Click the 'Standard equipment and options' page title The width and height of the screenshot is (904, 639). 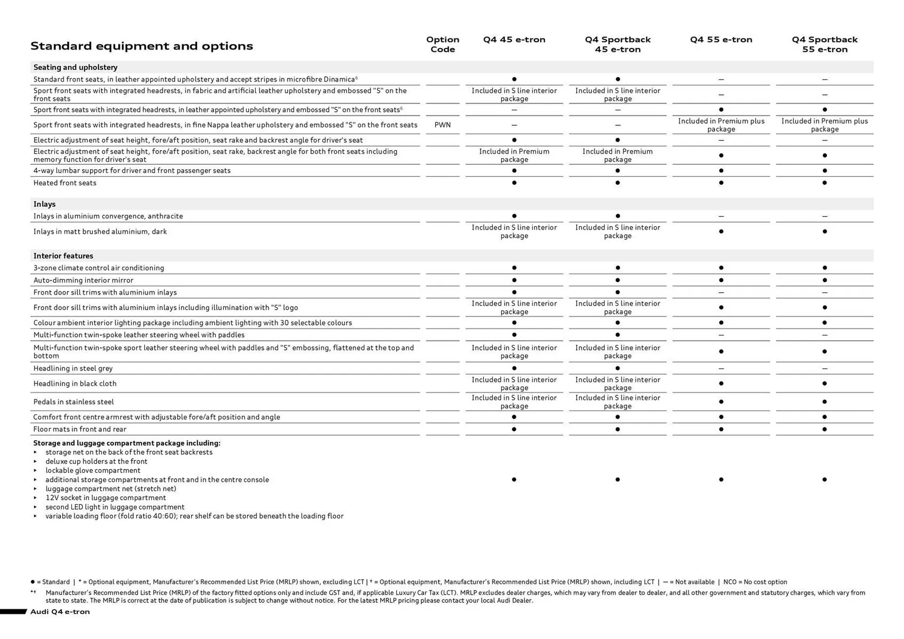pos(142,46)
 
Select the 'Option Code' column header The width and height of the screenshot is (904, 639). pos(442,44)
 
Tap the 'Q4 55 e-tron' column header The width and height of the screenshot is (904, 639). pos(720,40)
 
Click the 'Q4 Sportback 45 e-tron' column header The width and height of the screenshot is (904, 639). pos(617,44)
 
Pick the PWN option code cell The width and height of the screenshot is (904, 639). pos(442,125)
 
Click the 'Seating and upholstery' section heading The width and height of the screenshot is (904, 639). pos(75,67)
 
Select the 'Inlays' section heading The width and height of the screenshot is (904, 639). pos(44,204)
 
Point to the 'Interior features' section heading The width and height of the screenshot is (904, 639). pos(63,256)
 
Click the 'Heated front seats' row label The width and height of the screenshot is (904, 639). pos(65,183)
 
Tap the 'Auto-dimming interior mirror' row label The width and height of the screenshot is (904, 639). pos(83,280)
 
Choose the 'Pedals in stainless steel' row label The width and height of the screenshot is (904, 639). pos(73,402)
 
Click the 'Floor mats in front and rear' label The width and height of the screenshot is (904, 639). pos(80,429)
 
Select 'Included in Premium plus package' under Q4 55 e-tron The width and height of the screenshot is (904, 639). pos(720,125)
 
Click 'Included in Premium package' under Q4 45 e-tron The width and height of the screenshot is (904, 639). pos(514,155)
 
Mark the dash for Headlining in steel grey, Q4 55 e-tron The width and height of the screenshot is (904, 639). pos(720,368)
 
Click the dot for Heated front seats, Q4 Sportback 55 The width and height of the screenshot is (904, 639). pos(824,183)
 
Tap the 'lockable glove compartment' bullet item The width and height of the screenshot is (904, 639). pos(93,471)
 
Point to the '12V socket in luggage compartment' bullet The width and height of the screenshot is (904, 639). pos(105,498)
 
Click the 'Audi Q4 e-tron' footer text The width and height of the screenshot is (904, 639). pos(60,612)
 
